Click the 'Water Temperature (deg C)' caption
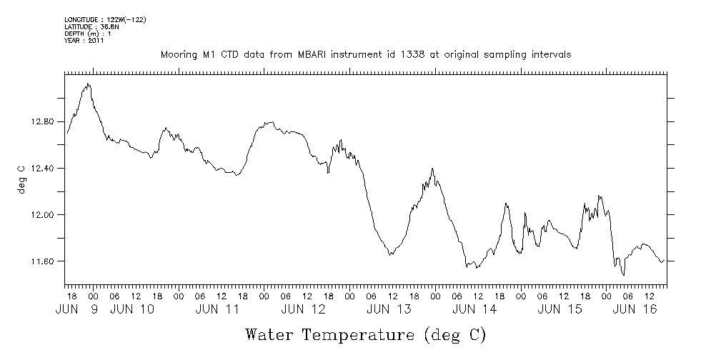point(365,334)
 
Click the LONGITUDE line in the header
point(105,19)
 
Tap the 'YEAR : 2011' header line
point(84,41)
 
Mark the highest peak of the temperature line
point(88,84)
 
